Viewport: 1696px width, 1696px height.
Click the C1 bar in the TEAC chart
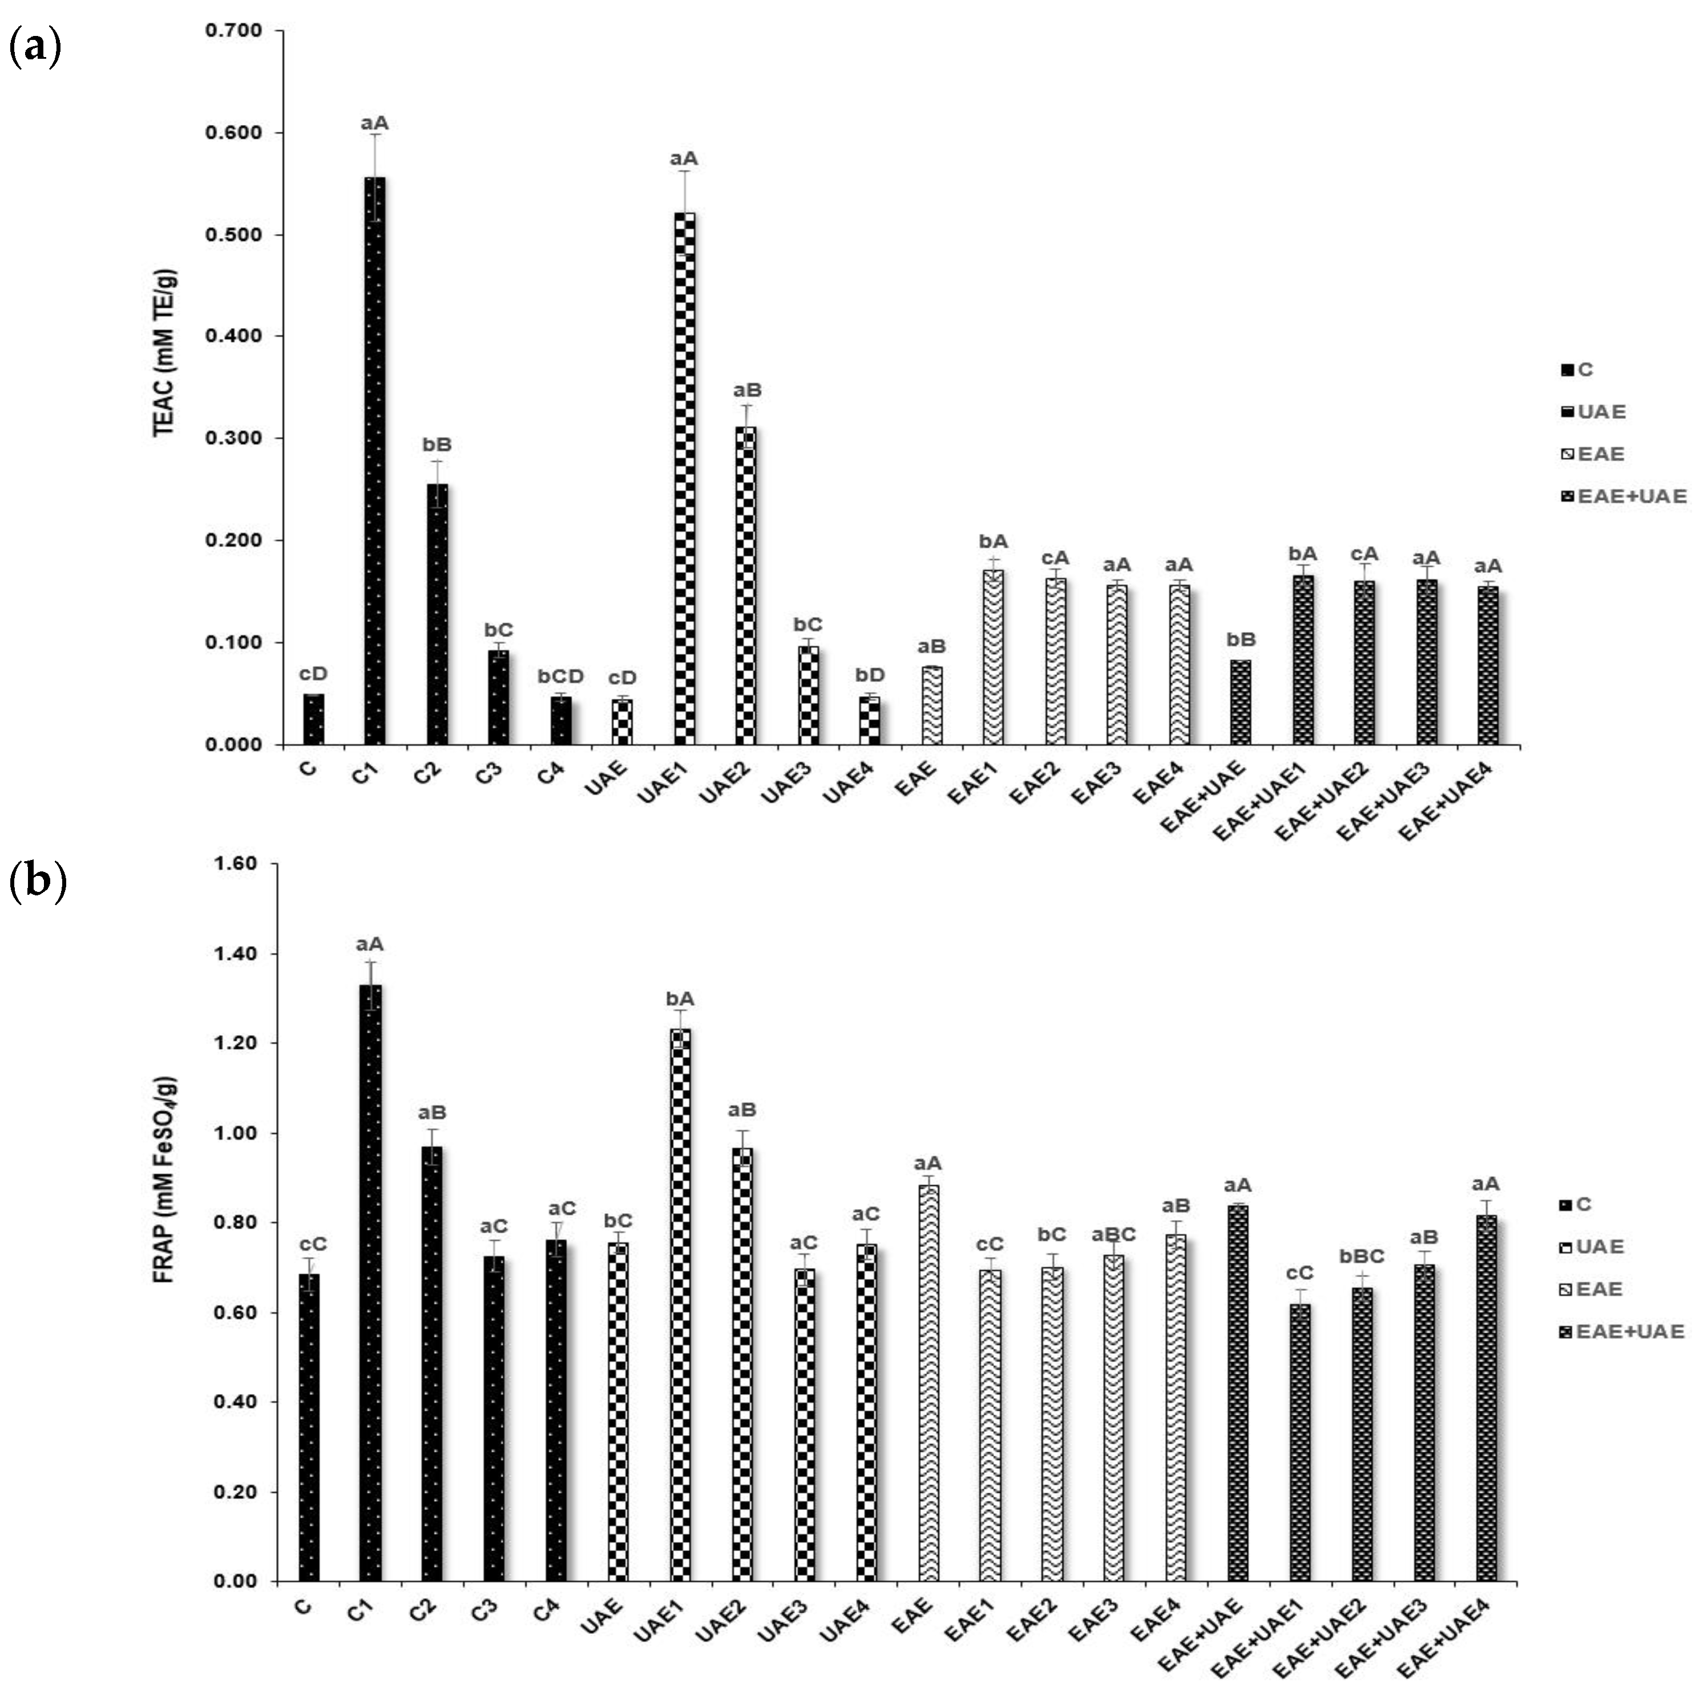(x=375, y=461)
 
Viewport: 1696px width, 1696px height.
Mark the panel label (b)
(x=37, y=881)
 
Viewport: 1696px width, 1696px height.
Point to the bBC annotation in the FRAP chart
(x=1362, y=1257)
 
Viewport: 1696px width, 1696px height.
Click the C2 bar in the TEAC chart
(x=437, y=615)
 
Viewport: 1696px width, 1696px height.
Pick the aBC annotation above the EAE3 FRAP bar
(x=1113, y=1235)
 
